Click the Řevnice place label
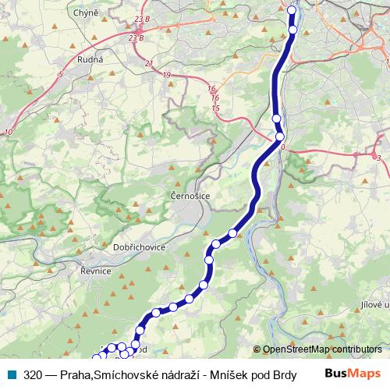(x=95, y=270)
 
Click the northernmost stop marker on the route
(x=292, y=11)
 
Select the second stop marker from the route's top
(x=292, y=30)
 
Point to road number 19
(x=167, y=75)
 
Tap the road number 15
(x=216, y=108)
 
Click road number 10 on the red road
(x=8, y=133)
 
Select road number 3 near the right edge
(x=378, y=158)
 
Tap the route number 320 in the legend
(x=33, y=374)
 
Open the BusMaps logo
(x=353, y=373)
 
